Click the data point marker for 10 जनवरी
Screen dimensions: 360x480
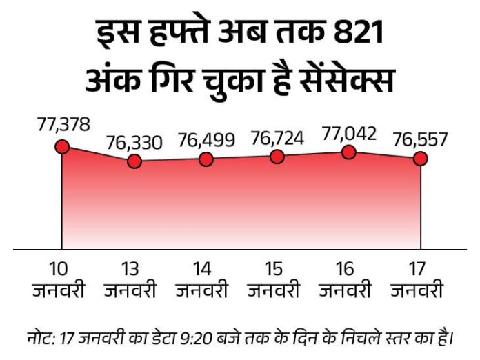tap(62, 146)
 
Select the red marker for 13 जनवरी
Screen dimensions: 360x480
tap(134, 161)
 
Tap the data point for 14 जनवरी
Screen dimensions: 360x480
tap(206, 159)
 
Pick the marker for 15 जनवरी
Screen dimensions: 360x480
tap(277, 157)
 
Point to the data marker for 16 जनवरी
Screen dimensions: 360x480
tap(349, 152)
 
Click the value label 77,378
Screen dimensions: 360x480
tap(62, 125)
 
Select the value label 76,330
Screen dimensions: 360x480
tap(134, 143)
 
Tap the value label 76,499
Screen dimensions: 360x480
tap(206, 141)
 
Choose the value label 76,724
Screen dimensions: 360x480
tap(277, 138)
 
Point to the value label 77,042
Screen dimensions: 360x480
tap(349, 133)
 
